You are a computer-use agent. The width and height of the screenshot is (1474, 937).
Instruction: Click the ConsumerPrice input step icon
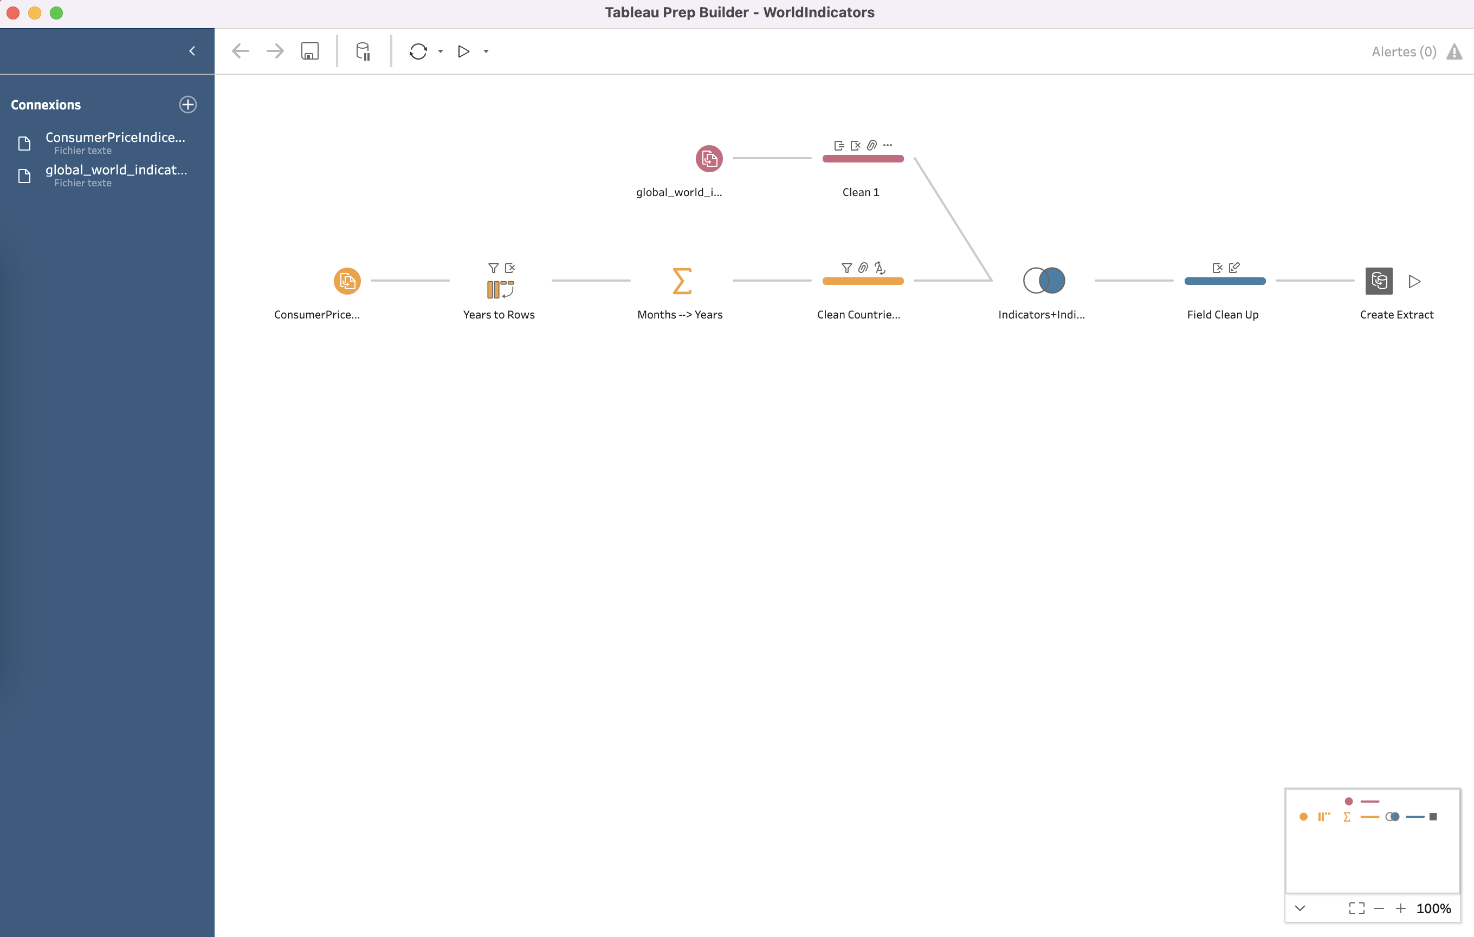[x=347, y=281]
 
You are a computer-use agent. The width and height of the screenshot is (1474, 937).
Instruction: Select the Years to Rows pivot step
[x=500, y=289]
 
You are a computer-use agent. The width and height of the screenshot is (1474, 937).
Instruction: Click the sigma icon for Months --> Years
[x=682, y=281]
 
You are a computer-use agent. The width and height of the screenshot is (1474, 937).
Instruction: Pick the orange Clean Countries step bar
[x=863, y=281]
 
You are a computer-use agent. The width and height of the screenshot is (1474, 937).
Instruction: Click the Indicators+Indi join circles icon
[x=1044, y=281]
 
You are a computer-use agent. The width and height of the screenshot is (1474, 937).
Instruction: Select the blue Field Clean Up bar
[x=1225, y=281]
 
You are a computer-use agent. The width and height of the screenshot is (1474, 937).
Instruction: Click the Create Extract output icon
[x=1379, y=281]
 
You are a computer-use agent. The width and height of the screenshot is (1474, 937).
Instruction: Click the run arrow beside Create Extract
[x=1414, y=281]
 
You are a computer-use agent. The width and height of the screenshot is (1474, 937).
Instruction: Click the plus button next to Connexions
[x=188, y=105]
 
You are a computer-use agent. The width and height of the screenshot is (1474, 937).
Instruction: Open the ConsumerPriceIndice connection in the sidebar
[x=115, y=138]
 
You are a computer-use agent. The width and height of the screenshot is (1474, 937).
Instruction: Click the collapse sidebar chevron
[x=192, y=51]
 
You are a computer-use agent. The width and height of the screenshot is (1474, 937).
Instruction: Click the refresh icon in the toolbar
[x=418, y=51]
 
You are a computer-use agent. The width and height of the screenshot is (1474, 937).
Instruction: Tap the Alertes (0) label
[x=1404, y=52]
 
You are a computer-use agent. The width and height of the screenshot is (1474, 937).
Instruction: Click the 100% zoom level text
[x=1433, y=908]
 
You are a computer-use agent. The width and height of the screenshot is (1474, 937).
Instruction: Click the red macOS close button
[x=13, y=13]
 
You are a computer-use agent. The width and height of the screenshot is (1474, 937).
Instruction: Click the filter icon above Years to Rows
[x=493, y=268]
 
